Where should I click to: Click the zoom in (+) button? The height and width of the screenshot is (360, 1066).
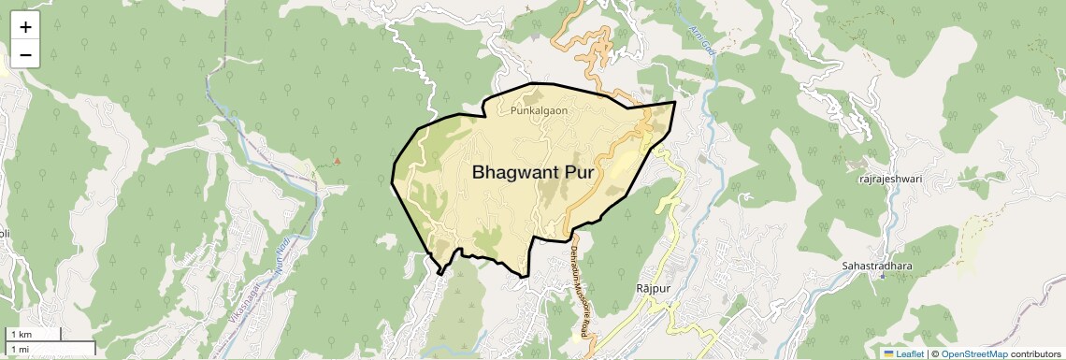(x=25, y=27)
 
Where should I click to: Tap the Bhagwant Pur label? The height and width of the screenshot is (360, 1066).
(x=533, y=172)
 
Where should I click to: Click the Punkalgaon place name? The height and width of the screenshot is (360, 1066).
(x=540, y=110)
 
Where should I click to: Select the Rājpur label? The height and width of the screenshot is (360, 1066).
(x=654, y=288)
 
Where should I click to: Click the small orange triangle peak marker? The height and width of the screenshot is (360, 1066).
(x=338, y=160)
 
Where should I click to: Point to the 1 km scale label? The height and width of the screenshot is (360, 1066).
(x=21, y=335)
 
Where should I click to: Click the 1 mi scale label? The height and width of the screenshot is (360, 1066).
(x=20, y=349)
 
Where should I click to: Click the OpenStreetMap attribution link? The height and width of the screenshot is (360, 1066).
(x=973, y=353)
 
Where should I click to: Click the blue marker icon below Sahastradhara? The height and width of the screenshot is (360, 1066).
(x=881, y=277)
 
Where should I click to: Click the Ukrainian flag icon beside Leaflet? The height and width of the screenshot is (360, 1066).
(x=888, y=353)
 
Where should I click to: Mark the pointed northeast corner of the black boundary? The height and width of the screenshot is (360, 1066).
(x=675, y=101)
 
